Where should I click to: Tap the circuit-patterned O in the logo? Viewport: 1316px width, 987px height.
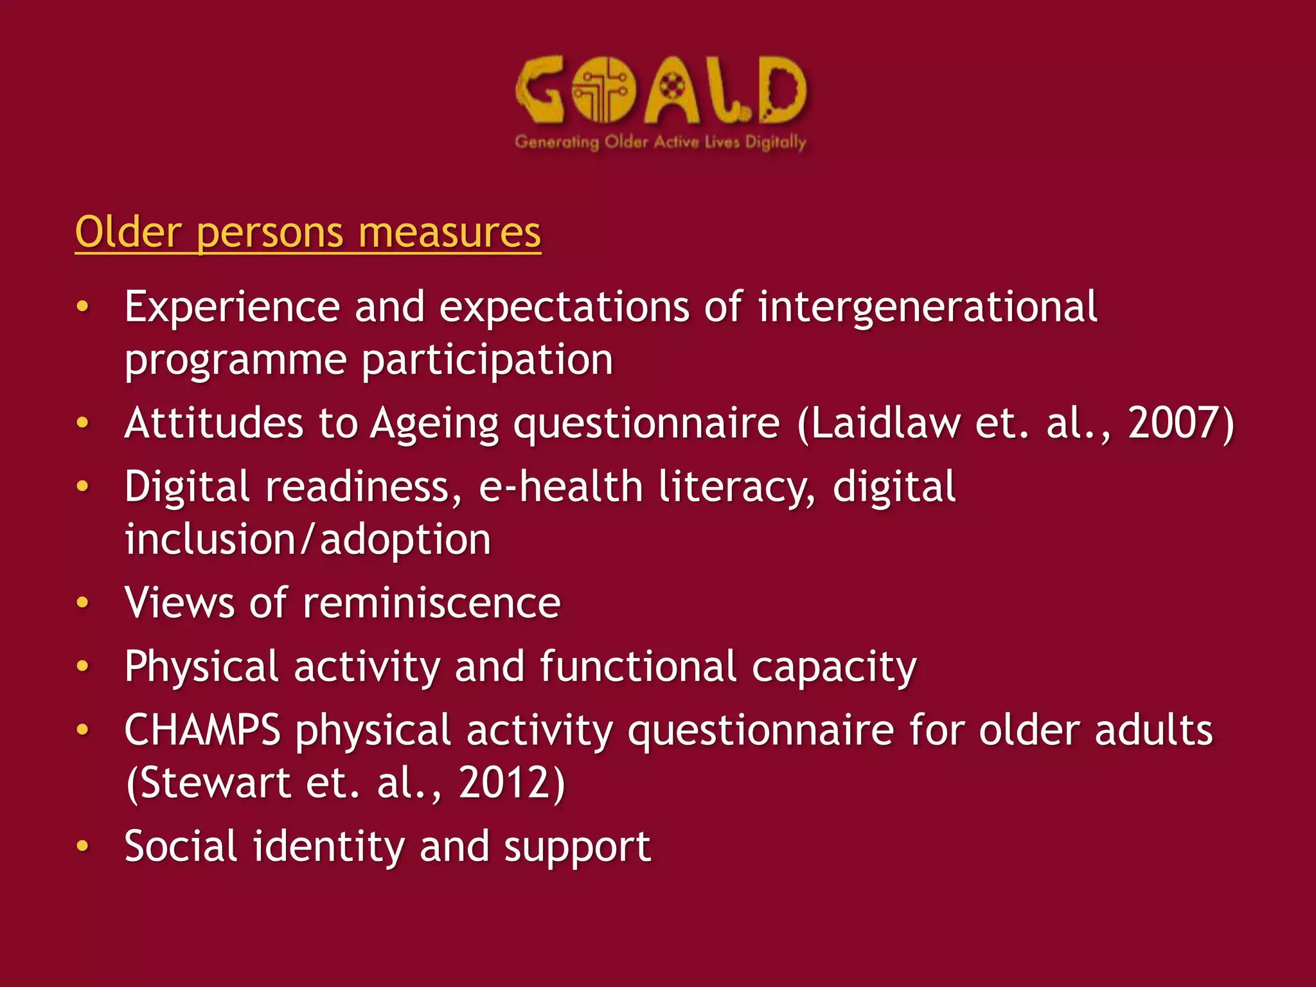click(603, 90)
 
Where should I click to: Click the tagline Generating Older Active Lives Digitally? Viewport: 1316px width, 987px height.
click(660, 142)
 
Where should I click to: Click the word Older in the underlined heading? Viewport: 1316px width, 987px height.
click(128, 232)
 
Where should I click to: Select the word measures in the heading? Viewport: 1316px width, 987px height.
click(449, 232)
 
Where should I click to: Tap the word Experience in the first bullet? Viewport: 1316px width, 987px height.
click(231, 307)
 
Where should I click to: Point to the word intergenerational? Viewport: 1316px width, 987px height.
click(927, 307)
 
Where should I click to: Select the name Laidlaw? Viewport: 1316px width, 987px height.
click(885, 423)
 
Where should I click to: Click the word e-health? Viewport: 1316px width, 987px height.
click(560, 486)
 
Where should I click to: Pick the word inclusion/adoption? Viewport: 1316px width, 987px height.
click(308, 539)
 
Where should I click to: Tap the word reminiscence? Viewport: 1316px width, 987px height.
click(431, 603)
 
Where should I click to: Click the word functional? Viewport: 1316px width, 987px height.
click(637, 667)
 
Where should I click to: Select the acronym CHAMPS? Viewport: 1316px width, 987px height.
click(202, 731)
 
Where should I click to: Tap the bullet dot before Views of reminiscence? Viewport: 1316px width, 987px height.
click(82, 603)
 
